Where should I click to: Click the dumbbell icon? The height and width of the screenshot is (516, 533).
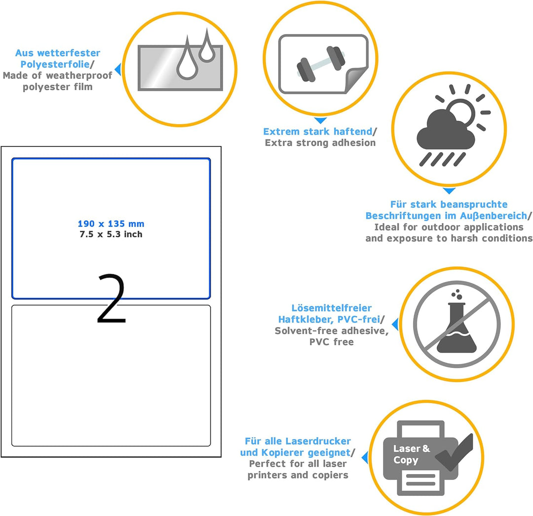(321, 64)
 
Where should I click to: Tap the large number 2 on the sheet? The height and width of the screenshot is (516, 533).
(112, 298)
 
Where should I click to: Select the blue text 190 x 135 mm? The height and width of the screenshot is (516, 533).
(111, 224)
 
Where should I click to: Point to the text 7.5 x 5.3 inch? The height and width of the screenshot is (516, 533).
(111, 234)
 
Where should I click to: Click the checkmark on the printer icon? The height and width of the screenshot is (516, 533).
(455, 452)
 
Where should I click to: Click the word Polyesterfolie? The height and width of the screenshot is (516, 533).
(55, 64)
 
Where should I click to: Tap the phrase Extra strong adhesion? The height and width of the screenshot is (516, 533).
(320, 143)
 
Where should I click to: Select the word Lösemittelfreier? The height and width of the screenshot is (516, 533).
(332, 308)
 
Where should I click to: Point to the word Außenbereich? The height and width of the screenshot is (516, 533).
(494, 216)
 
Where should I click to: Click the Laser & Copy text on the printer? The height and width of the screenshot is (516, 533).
(411, 454)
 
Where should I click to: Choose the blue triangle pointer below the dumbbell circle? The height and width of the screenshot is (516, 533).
(320, 120)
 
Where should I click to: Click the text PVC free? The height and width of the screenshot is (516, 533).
(332, 342)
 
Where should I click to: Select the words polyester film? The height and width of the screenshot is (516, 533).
(57, 87)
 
